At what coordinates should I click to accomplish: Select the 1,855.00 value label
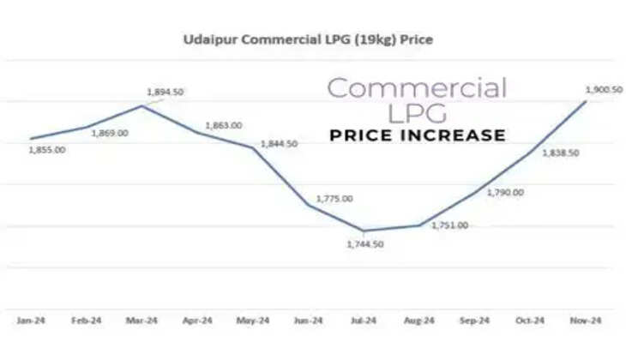[x=47, y=149]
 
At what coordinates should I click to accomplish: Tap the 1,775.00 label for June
[x=334, y=198]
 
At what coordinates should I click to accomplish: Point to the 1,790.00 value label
[x=505, y=193]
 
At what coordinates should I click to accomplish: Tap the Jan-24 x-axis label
[x=31, y=320]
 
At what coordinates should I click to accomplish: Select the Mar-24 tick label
[x=141, y=320]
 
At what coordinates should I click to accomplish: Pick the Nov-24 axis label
[x=586, y=320]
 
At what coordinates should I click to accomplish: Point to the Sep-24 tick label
[x=474, y=320]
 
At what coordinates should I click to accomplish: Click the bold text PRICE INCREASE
[x=418, y=135]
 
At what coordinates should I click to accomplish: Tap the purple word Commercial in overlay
[x=418, y=87]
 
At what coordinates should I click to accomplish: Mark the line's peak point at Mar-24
[x=141, y=105]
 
